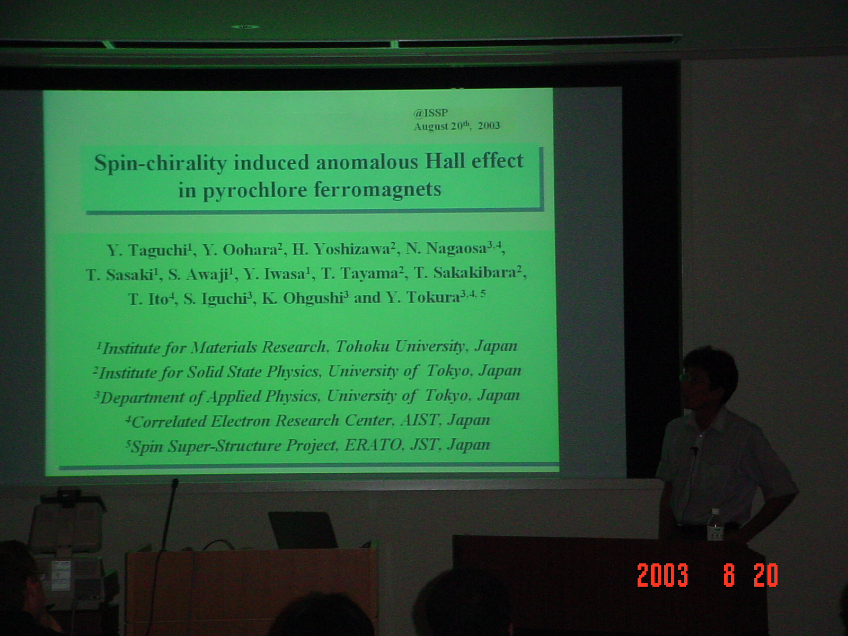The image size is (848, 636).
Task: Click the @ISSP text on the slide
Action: [x=430, y=113]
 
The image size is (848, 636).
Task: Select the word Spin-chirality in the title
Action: [x=160, y=163]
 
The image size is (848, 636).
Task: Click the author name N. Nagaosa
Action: [x=454, y=249]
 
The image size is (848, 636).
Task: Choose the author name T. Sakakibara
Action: [x=468, y=272]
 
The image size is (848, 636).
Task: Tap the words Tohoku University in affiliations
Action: [x=400, y=347]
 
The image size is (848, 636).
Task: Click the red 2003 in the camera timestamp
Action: [x=662, y=575]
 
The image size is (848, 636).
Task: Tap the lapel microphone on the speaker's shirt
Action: [x=695, y=450]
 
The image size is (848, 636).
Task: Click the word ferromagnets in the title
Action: [x=377, y=189]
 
